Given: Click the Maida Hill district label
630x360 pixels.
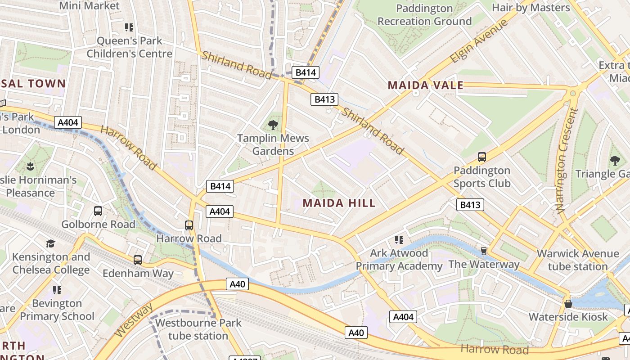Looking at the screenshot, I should pos(339,203).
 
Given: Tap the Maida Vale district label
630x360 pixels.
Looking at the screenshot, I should pos(425,85).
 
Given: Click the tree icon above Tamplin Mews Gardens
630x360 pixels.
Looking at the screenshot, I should pos(273,125).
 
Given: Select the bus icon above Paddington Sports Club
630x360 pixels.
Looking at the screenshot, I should pos(481,157).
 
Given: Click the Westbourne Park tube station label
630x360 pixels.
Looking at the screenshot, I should pos(198,329).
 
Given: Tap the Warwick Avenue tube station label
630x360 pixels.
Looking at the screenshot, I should pos(577,260).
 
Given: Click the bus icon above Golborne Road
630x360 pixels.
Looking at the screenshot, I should pos(98,211).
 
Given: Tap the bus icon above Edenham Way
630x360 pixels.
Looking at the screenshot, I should pos(137,260).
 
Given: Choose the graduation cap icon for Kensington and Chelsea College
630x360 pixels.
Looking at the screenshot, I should pos(50,243).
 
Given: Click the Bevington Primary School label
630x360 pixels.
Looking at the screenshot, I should pos(57,310).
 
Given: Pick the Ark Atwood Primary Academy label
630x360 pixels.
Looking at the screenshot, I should pos(399,259).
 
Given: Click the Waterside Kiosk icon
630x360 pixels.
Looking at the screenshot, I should pos(568,304).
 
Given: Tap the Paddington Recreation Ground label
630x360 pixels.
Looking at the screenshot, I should pos(424,14).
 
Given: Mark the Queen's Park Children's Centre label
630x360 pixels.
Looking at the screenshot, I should pos(130,47).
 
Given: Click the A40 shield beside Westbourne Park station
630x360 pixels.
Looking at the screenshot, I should pos(238,284).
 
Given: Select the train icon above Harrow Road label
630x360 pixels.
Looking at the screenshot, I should pos(189,225).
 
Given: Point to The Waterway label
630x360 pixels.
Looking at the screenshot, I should pos(484,264).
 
